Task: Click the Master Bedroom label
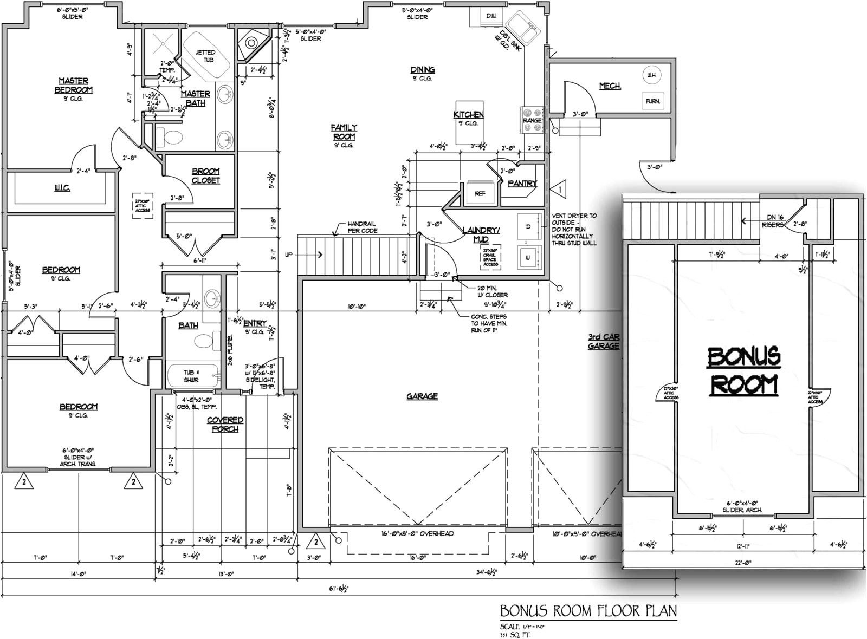point(73,86)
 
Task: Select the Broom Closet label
point(206,176)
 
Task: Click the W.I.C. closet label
point(62,188)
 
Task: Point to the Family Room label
point(344,132)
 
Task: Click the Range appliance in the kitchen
point(532,120)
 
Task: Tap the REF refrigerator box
point(480,193)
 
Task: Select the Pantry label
point(522,184)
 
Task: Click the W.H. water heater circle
point(651,75)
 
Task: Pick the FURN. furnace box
point(652,101)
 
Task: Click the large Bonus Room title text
point(743,370)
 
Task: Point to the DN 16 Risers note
point(772,220)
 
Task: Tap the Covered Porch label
point(225,425)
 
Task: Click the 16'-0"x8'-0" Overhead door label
point(417,534)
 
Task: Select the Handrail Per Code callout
point(362,227)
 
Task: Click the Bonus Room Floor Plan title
point(588,611)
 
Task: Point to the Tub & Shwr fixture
point(191,376)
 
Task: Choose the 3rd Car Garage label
point(604,341)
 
